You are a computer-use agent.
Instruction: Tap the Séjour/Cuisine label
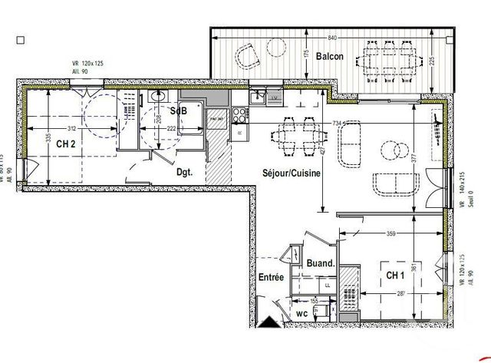coord(291,173)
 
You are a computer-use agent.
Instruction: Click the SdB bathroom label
coord(178,111)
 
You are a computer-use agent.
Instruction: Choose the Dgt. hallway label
coord(184,172)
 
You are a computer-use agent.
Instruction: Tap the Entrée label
coord(271,277)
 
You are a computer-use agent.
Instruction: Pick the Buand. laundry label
coord(321,263)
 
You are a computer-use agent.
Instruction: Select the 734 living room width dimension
coord(337,123)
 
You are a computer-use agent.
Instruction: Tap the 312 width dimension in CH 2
coord(71,128)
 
